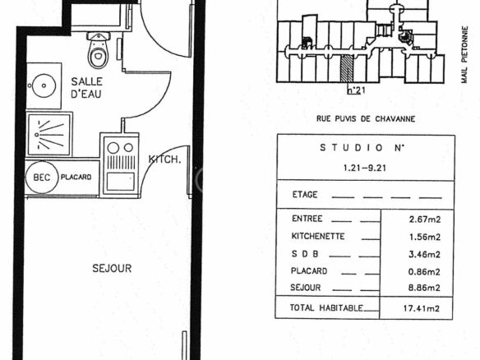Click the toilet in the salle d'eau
tap(98, 50)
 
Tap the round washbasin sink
tap(44, 85)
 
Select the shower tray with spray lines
tap(49, 135)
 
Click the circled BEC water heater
tap(42, 178)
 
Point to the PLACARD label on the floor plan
tap(76, 178)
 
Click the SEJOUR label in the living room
tap(112, 269)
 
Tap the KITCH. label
tap(164, 159)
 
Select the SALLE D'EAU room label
tap(86, 88)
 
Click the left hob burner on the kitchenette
tap(113, 148)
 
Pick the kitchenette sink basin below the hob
tap(120, 181)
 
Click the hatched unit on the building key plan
tap(347, 69)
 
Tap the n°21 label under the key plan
tap(357, 90)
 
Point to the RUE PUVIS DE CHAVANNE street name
tap(366, 119)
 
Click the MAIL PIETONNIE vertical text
tap(464, 54)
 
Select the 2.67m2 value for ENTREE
tap(425, 219)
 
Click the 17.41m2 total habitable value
tap(422, 308)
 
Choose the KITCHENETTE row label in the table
tap(318, 237)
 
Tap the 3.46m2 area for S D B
tap(425, 255)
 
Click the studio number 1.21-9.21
tap(365, 168)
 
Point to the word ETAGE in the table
tap(305, 195)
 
